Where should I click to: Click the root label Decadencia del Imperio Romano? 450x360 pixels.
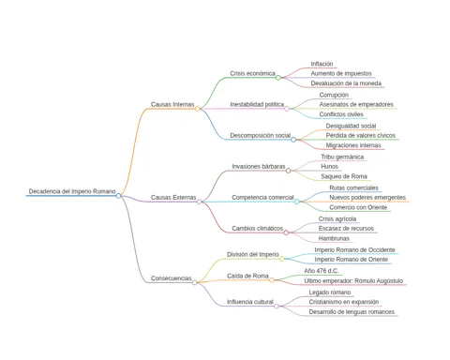tap(72, 191)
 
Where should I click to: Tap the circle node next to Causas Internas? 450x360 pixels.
tap(198, 109)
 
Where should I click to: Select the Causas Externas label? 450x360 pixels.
tap(173, 198)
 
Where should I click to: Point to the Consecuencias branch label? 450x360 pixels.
tap(172, 278)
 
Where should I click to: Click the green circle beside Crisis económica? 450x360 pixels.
tap(278, 78)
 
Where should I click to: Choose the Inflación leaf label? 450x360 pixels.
tap(322, 64)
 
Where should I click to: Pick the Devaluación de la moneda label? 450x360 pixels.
tap(346, 83)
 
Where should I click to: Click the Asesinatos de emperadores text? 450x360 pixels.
tap(356, 104)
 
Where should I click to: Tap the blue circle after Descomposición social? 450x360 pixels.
tap(293, 140)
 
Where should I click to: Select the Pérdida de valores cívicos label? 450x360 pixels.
tap(361, 136)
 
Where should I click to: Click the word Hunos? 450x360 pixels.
tap(329, 167)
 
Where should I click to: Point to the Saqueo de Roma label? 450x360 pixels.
tap(344, 176)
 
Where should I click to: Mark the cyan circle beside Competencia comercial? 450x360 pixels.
tap(296, 202)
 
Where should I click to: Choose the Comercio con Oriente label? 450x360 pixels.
tap(358, 207)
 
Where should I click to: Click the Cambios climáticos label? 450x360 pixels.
tap(258, 229)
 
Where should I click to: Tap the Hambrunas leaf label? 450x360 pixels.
tap(334, 238)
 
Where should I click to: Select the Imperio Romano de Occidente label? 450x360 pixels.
tap(354, 250)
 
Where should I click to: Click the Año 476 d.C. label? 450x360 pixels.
tap(322, 271)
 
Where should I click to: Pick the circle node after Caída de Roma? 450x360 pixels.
tap(272, 280)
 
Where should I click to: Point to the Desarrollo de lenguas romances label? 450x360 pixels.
tap(352, 312)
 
